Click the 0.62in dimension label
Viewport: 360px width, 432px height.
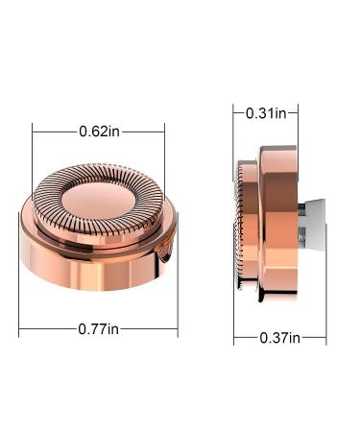(x=99, y=132)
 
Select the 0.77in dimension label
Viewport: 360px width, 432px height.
(x=98, y=328)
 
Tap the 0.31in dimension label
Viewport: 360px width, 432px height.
(x=266, y=113)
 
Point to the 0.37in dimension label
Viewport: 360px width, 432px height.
(x=280, y=338)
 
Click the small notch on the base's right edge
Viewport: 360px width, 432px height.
(x=166, y=252)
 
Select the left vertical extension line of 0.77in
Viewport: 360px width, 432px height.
(x=19, y=275)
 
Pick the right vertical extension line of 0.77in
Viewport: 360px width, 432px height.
(x=178, y=275)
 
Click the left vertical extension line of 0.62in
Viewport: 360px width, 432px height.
(x=33, y=161)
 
